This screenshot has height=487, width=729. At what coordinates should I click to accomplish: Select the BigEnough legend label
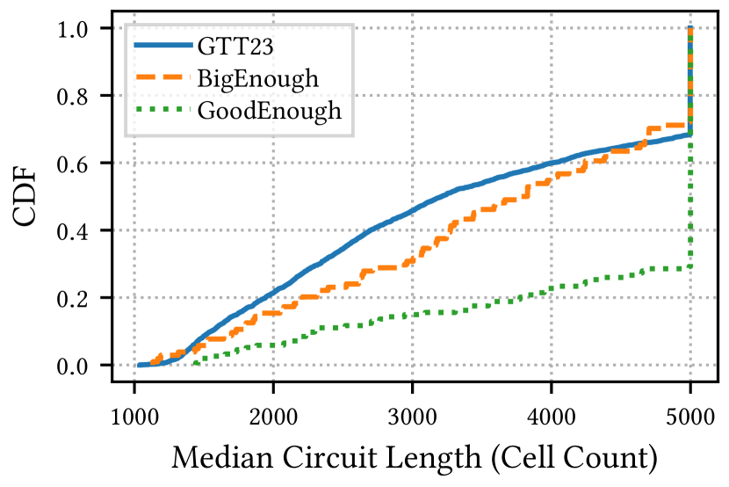[257, 79]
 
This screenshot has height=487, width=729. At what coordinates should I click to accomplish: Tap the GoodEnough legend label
[269, 112]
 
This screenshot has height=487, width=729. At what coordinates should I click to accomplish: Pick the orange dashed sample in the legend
[161, 79]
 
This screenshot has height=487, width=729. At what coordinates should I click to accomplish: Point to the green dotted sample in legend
[161, 111]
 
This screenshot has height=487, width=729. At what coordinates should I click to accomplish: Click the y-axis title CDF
[28, 198]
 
